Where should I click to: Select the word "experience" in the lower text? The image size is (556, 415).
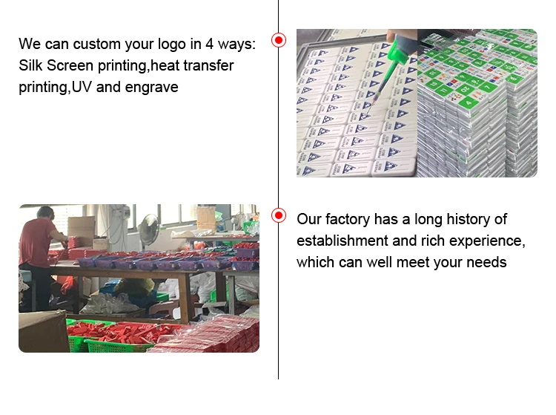[481, 241]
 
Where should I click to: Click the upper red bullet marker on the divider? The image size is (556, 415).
[279, 40]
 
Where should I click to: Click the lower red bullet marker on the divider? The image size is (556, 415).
[279, 215]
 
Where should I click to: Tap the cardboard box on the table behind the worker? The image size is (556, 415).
[81, 228]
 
